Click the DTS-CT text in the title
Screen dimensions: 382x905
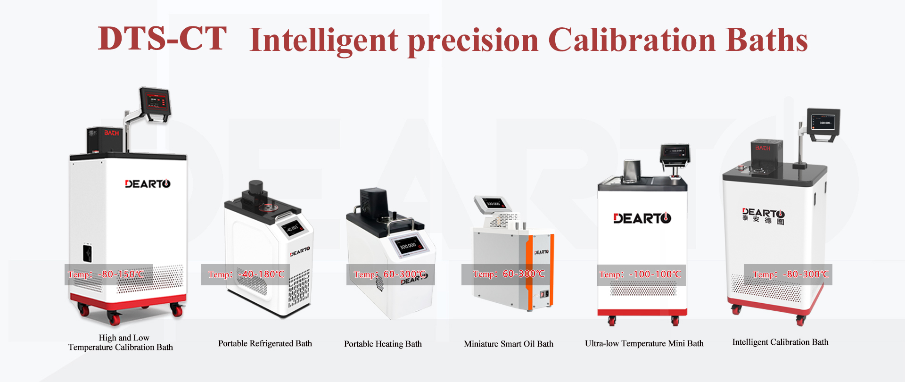[x=162, y=38]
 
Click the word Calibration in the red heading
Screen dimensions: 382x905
[x=632, y=40]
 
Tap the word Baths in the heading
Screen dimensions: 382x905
[x=767, y=40]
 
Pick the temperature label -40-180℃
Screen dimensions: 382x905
[x=246, y=274]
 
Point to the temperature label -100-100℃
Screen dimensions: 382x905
[x=641, y=274]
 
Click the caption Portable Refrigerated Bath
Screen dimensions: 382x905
[x=265, y=343]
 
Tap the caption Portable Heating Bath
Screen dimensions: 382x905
[x=383, y=344]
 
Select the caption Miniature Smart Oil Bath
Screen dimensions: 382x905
[x=509, y=344]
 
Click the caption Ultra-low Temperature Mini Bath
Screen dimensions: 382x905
[x=644, y=343]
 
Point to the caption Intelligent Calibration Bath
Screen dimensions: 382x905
[x=780, y=342]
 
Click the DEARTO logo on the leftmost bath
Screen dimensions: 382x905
[x=148, y=184]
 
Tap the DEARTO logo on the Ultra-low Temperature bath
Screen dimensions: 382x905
[x=642, y=218]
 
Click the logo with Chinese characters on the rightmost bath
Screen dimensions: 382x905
[x=763, y=216]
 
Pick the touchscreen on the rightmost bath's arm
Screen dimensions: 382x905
[x=823, y=123]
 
